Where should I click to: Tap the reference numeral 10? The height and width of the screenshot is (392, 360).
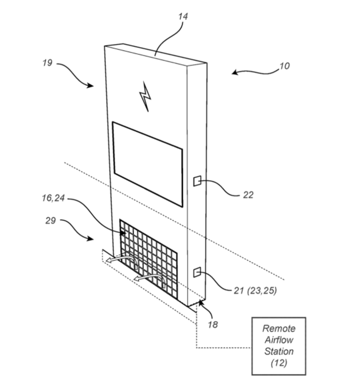tap(284, 66)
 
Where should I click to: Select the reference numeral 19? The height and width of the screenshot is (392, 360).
tap(47, 63)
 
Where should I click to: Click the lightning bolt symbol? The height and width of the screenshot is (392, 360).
tap(145, 96)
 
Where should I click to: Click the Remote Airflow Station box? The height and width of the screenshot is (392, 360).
tap(279, 345)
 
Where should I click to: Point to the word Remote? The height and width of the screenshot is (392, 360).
tap(279, 329)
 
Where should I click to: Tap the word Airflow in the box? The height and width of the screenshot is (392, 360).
tap(279, 340)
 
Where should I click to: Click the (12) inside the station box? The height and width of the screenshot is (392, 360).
tap(279, 363)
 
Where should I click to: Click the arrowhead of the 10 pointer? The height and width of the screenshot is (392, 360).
tap(234, 72)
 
